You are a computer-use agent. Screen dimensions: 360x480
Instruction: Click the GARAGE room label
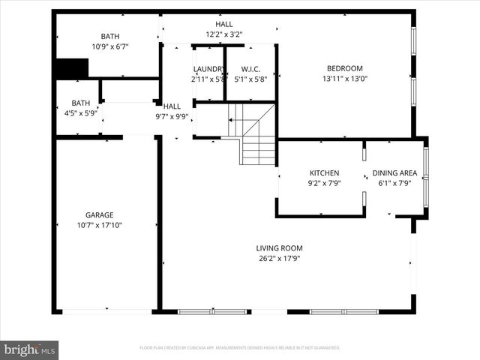pyautogui.click(x=99, y=214)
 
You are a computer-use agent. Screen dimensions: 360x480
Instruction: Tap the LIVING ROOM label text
pyautogui.click(x=279, y=248)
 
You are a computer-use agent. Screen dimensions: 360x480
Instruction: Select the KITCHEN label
pyautogui.click(x=324, y=172)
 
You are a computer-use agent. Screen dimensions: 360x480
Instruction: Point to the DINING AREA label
pyautogui.click(x=394, y=172)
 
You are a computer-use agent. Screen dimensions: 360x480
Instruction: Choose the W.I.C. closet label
pyautogui.click(x=250, y=68)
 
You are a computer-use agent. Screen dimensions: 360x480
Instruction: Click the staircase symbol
pyautogui.click(x=256, y=135)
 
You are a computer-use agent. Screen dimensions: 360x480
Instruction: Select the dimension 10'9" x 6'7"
pyautogui.click(x=110, y=46)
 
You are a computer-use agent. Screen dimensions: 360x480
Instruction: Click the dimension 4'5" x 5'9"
pyautogui.click(x=80, y=113)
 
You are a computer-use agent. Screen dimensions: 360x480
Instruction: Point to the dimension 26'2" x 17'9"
pyautogui.click(x=279, y=259)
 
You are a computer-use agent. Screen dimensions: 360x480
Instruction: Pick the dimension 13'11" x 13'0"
pyautogui.click(x=345, y=79)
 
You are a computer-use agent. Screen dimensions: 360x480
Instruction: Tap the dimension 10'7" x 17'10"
pyautogui.click(x=99, y=224)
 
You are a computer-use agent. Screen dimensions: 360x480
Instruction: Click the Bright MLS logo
pyautogui.click(x=30, y=349)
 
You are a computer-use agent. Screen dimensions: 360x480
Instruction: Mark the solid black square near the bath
pyautogui.click(x=71, y=68)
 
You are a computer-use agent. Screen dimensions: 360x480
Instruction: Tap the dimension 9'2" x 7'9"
pyautogui.click(x=324, y=183)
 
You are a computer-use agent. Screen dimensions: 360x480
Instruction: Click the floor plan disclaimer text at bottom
pyautogui.click(x=240, y=348)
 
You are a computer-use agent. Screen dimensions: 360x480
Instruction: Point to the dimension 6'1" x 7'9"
pyautogui.click(x=394, y=183)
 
